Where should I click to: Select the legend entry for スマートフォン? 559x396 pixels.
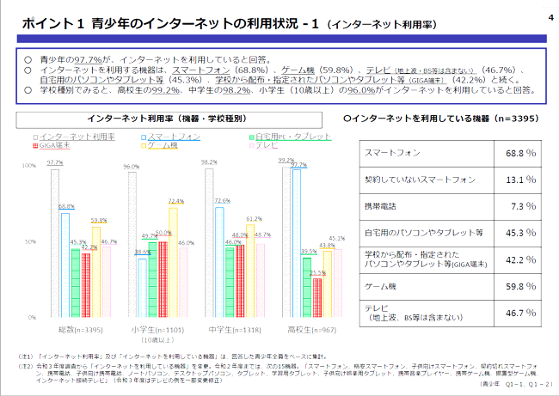coord(176,137)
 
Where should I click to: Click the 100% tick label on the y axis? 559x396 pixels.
coord(28,166)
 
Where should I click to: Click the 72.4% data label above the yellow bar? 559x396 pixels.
coord(175,201)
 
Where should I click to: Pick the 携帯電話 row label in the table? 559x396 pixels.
coord(384,207)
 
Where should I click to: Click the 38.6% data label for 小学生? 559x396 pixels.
coord(143,252)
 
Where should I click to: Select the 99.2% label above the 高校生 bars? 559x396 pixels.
coord(286,161)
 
